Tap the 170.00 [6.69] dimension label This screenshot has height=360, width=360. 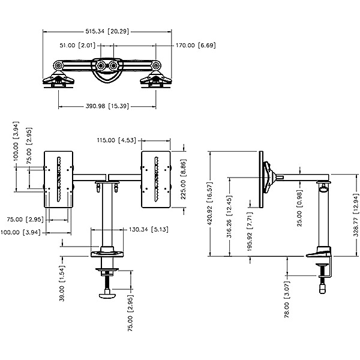pyautogui.click(x=195, y=45)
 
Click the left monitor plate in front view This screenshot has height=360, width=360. pyautogui.click(x=59, y=178)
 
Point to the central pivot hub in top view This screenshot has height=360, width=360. pyautogui.click(x=106, y=65)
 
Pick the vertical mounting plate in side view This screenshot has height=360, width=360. pyautogui.click(x=262, y=179)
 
